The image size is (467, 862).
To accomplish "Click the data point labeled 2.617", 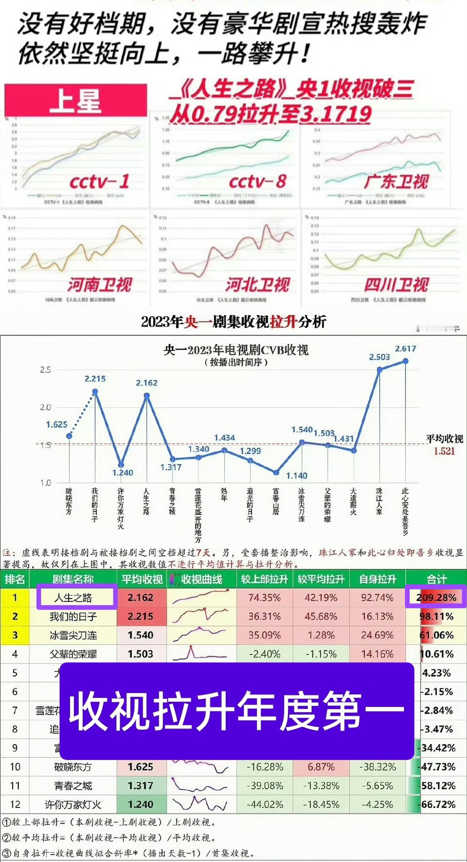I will (x=406, y=361).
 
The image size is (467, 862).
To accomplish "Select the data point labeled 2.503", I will (x=379, y=370).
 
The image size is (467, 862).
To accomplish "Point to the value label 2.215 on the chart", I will (x=95, y=379).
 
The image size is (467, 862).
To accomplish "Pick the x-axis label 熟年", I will (x=224, y=494).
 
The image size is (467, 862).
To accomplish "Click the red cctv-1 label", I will (x=99, y=182).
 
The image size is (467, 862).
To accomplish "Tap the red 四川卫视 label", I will (x=396, y=285).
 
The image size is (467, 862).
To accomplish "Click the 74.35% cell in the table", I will (x=264, y=597).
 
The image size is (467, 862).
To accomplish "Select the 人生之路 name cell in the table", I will (x=73, y=598).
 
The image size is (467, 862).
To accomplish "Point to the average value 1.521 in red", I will (x=444, y=451).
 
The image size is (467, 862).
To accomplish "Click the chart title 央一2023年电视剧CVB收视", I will (x=236, y=350).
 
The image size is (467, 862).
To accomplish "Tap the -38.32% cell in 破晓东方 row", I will (x=377, y=767).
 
